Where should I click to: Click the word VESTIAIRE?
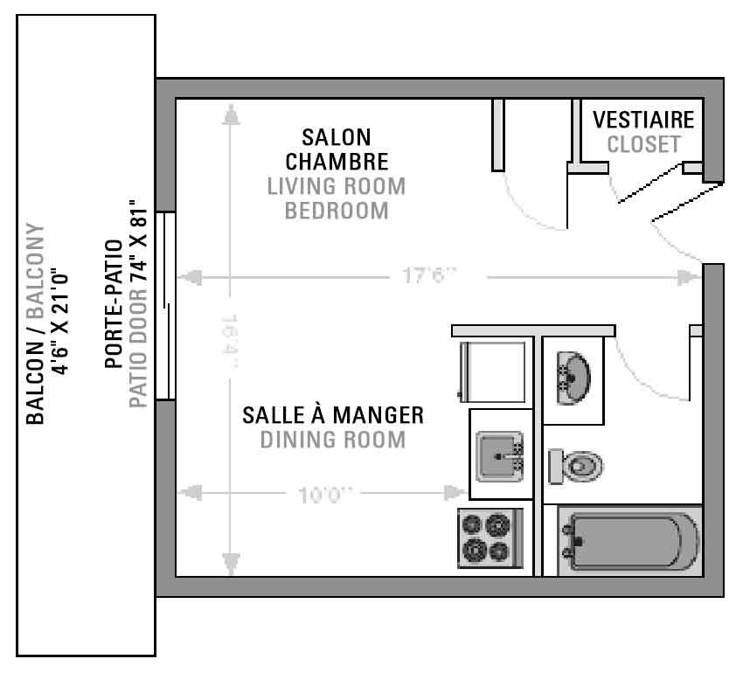(x=643, y=120)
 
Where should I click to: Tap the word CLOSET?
(x=643, y=144)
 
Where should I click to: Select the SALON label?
(x=337, y=137)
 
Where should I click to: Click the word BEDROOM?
(x=337, y=211)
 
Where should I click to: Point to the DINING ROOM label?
(x=333, y=440)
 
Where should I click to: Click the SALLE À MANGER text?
(x=333, y=415)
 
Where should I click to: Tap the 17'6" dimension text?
(x=429, y=275)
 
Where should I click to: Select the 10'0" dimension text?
(x=325, y=496)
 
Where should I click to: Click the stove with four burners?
(x=490, y=538)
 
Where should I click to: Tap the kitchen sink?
(x=500, y=456)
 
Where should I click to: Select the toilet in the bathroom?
(x=575, y=467)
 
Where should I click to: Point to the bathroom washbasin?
(x=573, y=378)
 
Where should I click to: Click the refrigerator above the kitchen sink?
(x=493, y=372)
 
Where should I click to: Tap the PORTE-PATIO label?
(x=114, y=304)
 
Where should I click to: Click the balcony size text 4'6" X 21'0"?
(x=60, y=323)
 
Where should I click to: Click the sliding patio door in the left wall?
(x=166, y=306)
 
